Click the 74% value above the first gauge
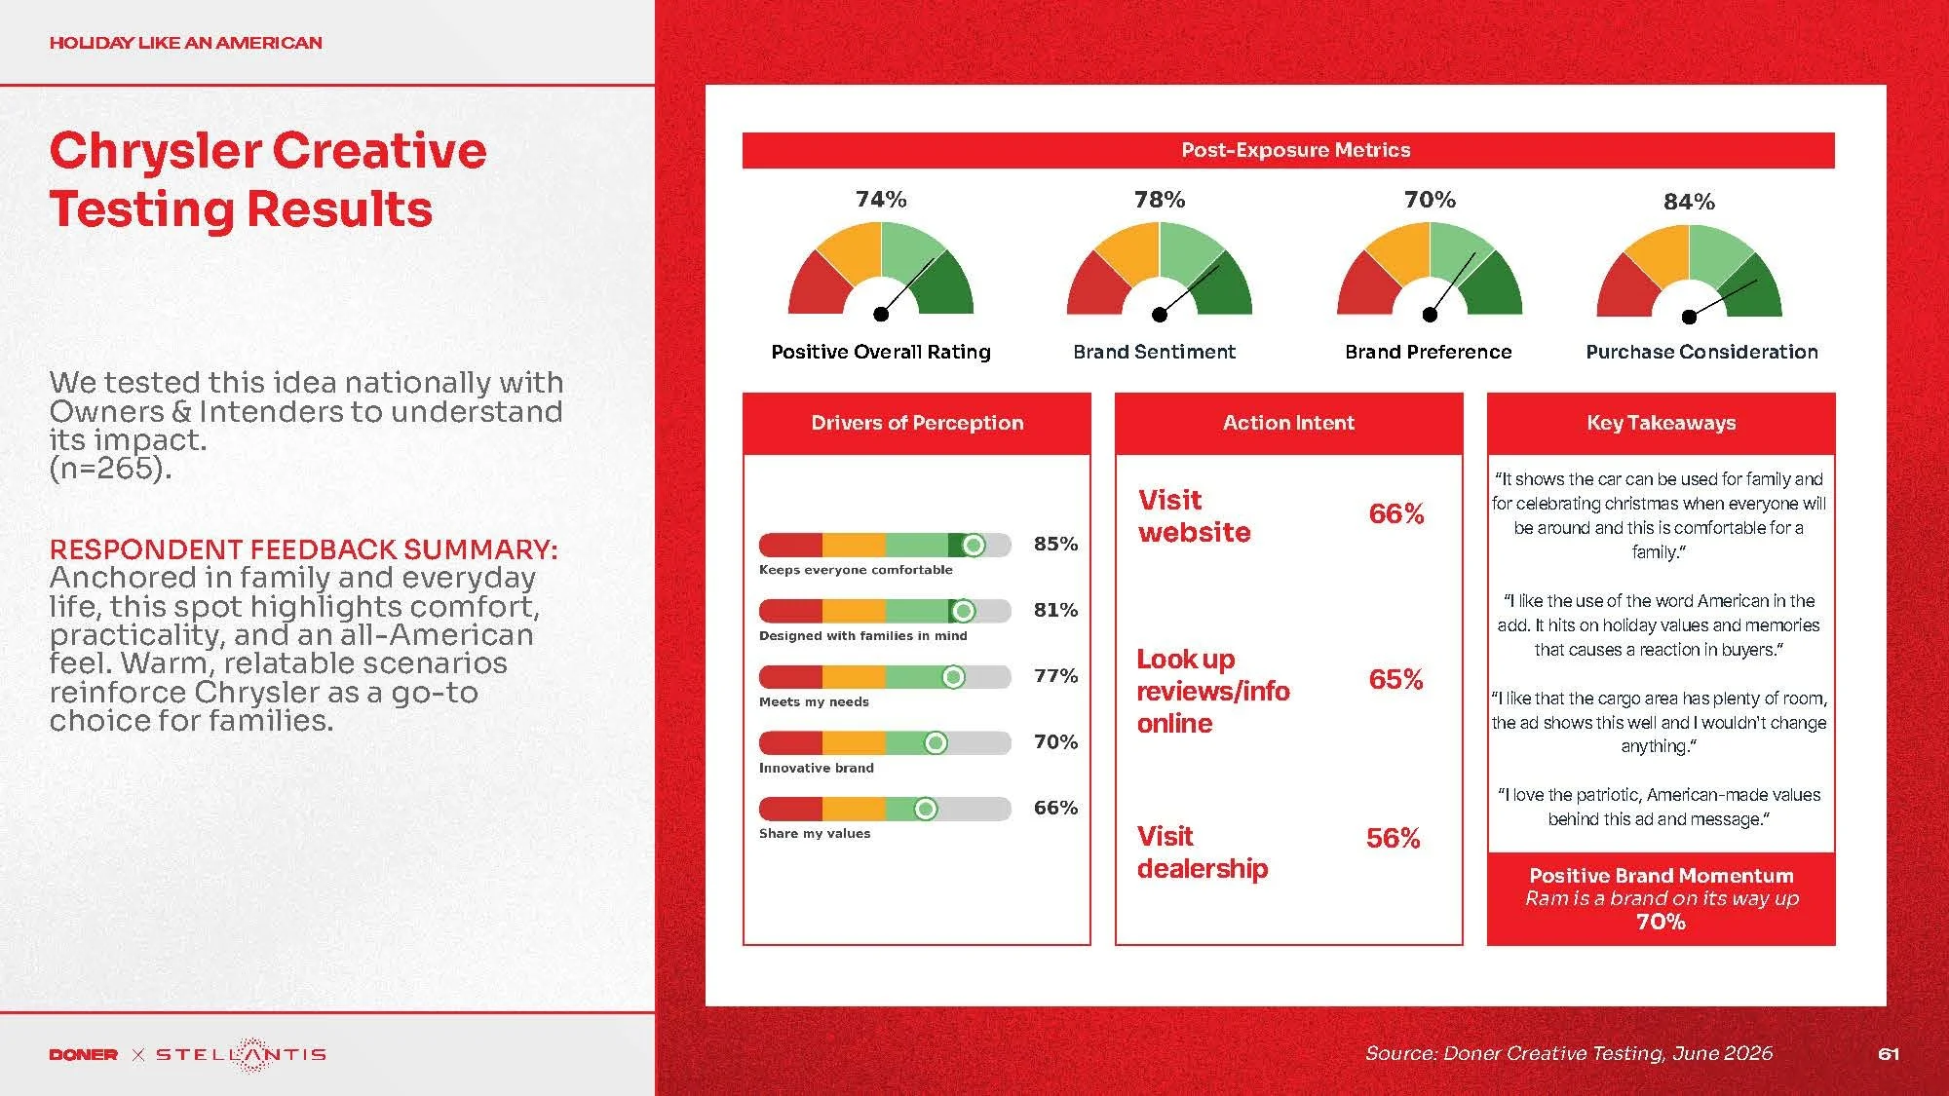tap(881, 200)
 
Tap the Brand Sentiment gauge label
tap(1154, 352)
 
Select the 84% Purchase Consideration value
tap(1689, 202)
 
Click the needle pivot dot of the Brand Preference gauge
tap(1430, 315)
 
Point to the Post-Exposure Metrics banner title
tap(1295, 150)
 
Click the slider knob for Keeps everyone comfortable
tap(973, 545)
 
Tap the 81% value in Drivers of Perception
tap(1055, 610)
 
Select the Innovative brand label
tap(817, 768)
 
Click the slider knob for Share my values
tap(926, 809)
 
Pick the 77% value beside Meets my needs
tap(1055, 676)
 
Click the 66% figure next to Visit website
tap(1395, 513)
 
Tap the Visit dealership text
tap(1203, 852)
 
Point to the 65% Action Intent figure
tap(1395, 679)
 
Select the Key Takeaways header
tap(1661, 423)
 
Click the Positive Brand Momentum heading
tap(1661, 876)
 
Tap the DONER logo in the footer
tap(84, 1054)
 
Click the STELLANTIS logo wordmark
tap(241, 1054)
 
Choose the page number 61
tap(1889, 1054)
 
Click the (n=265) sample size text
tap(110, 469)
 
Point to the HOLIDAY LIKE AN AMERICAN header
tap(185, 43)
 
